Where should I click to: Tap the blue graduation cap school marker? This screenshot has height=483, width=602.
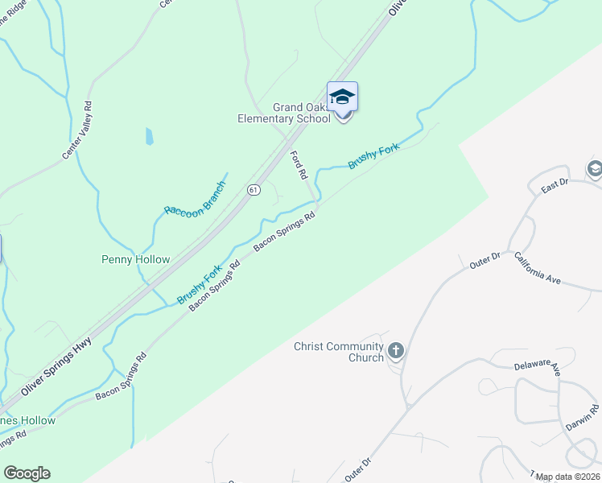coord(342,97)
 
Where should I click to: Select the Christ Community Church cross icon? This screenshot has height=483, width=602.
coord(395,351)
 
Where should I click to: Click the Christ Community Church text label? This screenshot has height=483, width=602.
coord(340,352)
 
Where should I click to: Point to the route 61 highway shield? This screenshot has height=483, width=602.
coord(254,190)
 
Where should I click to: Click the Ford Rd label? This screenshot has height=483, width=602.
coord(299,164)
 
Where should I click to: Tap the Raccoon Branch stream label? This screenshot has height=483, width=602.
coord(196,198)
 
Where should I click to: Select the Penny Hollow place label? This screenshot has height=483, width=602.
coord(135,259)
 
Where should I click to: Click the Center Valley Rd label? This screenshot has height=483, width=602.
coord(78,129)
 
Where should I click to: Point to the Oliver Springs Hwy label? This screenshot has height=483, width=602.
coord(59,365)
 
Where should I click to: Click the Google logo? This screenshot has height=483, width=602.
coord(27,473)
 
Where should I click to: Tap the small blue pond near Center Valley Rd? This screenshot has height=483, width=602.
coord(149,137)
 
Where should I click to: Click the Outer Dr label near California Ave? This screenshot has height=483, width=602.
coord(485,259)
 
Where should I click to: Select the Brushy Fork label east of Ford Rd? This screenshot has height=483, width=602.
coord(373,155)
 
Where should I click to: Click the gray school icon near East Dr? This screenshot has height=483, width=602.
coord(595,169)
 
